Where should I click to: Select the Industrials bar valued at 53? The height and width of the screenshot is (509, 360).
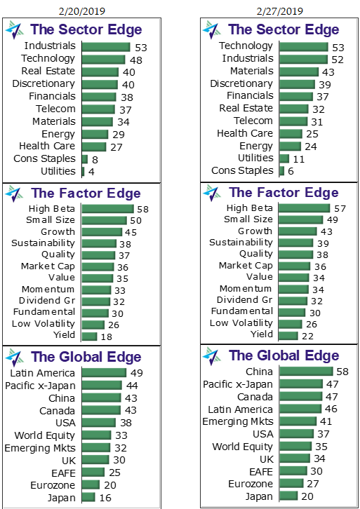pyautogui.click(x=106, y=46)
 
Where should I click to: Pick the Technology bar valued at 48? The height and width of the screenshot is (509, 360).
pyautogui.click(x=103, y=59)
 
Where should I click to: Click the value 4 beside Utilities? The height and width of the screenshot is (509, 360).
pyautogui.click(x=92, y=172)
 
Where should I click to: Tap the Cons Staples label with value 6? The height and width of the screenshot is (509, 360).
pyautogui.click(x=243, y=170)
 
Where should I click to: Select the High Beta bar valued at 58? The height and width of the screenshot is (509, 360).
pyautogui.click(x=107, y=209)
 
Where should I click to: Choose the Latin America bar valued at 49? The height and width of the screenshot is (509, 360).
pyautogui.click(x=104, y=373)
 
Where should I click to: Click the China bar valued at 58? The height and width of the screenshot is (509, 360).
pyautogui.click(x=306, y=372)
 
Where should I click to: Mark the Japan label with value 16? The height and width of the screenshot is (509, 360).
pyautogui.click(x=61, y=497)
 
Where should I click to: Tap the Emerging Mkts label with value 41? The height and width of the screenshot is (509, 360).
pyautogui.click(x=238, y=421)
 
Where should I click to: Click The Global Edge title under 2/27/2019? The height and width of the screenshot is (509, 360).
pyautogui.click(x=284, y=355)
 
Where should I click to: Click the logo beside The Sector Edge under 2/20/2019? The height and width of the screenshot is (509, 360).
pyautogui.click(x=15, y=29)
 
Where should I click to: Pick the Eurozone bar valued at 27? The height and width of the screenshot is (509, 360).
pyautogui.click(x=291, y=484)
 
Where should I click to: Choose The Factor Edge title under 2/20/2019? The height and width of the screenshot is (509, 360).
pyautogui.click(x=86, y=193)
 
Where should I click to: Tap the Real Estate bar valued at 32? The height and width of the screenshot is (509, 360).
pyautogui.click(x=294, y=109)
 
